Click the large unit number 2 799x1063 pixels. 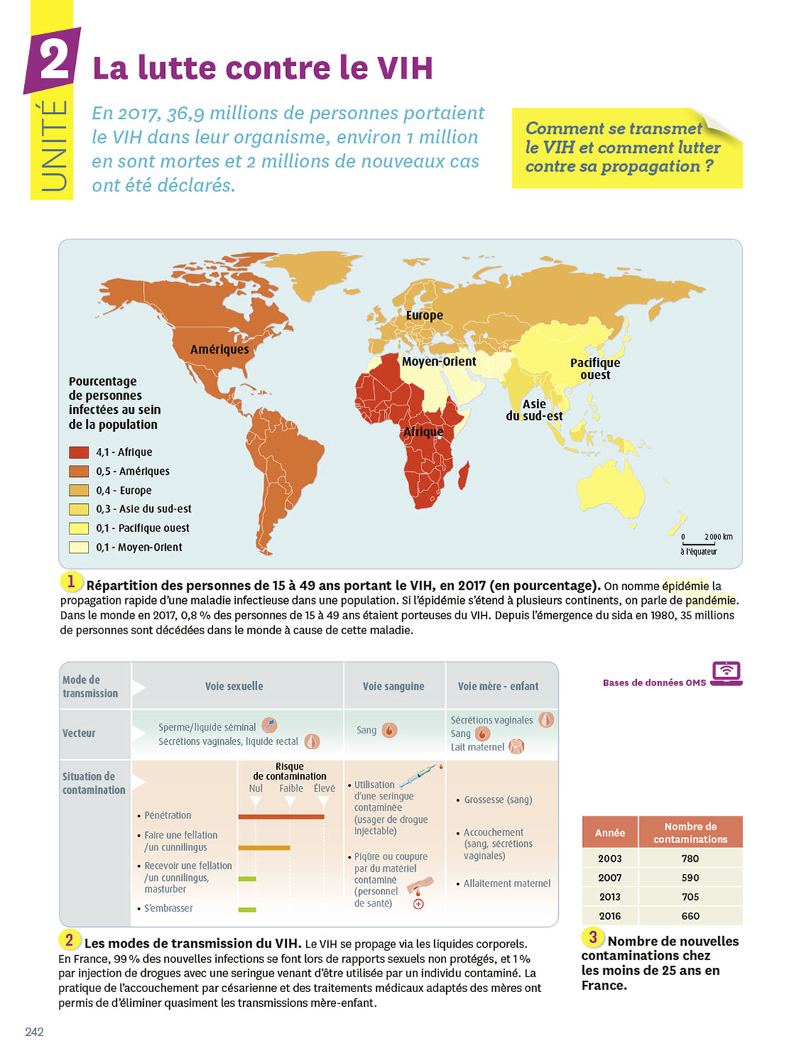[54, 60]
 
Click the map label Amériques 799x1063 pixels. [220, 349]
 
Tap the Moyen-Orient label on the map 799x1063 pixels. [439, 361]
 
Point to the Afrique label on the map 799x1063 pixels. [423, 432]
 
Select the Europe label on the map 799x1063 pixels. [424, 315]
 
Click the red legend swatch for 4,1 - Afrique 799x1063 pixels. [79, 452]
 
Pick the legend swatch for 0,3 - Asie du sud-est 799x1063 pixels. [79, 509]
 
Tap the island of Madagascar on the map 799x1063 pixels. [464, 475]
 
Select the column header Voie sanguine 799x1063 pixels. [393, 686]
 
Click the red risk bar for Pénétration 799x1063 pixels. [281, 816]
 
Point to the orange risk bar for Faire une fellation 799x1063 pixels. [263, 848]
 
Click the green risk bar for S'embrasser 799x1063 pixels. [247, 909]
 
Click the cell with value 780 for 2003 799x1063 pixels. [690, 858]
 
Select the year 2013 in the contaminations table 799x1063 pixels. [609, 896]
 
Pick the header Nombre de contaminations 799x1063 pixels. [690, 833]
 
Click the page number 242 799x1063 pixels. [34, 1032]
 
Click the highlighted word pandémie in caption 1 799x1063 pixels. [710, 600]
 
